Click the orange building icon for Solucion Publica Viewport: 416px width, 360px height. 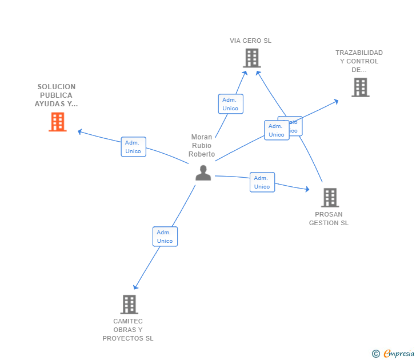tap(58, 122)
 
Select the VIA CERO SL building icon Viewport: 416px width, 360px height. tap(251, 58)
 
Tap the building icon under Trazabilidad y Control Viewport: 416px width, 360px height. tap(360, 87)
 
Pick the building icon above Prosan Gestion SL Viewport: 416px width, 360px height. tap(330, 197)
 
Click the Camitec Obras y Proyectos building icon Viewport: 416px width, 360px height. tap(129, 304)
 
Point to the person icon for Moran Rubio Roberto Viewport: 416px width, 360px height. tap(203, 173)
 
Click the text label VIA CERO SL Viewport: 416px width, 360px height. tap(250, 41)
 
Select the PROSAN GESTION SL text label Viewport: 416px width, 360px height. tap(329, 219)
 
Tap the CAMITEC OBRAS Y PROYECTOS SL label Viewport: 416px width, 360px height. tap(128, 330)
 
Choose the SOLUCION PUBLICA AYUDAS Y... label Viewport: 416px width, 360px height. tap(57, 95)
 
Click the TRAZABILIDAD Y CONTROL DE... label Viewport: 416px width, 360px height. tap(359, 61)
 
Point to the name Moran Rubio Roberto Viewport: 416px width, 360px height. tap(202, 146)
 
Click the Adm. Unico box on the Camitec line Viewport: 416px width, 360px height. tap(165, 237)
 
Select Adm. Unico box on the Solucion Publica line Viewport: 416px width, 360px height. tap(133, 147)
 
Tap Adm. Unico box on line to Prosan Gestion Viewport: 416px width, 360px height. tap(262, 182)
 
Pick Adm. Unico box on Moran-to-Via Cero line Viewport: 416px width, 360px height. tap(230, 104)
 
